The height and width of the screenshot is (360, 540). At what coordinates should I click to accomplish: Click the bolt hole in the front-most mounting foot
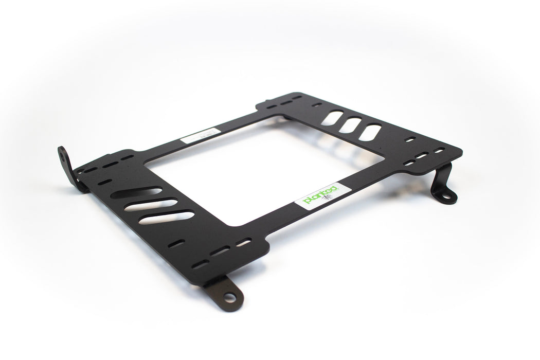[x=229, y=297]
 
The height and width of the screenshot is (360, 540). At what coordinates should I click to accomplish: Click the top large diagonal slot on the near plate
[x=136, y=193]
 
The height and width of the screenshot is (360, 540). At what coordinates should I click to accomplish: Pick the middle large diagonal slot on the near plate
[x=151, y=205]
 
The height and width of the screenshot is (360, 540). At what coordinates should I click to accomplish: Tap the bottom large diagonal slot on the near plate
[x=166, y=218]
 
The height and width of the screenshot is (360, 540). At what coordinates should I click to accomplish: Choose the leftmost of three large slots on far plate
[x=333, y=118]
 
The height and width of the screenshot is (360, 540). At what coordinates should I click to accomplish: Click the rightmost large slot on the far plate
[x=369, y=133]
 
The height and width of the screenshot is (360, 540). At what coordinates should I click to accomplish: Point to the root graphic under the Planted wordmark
[x=328, y=199]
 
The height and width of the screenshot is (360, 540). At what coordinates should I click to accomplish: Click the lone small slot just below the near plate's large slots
[x=176, y=243]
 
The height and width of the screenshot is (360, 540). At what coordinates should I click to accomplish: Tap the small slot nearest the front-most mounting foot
[x=200, y=265]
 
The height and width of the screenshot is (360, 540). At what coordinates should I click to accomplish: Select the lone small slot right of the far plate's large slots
[x=410, y=139]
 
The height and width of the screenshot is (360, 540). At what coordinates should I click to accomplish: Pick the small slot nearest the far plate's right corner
[x=439, y=151]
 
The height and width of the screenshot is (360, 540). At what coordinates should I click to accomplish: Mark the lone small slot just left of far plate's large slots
[x=316, y=105]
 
